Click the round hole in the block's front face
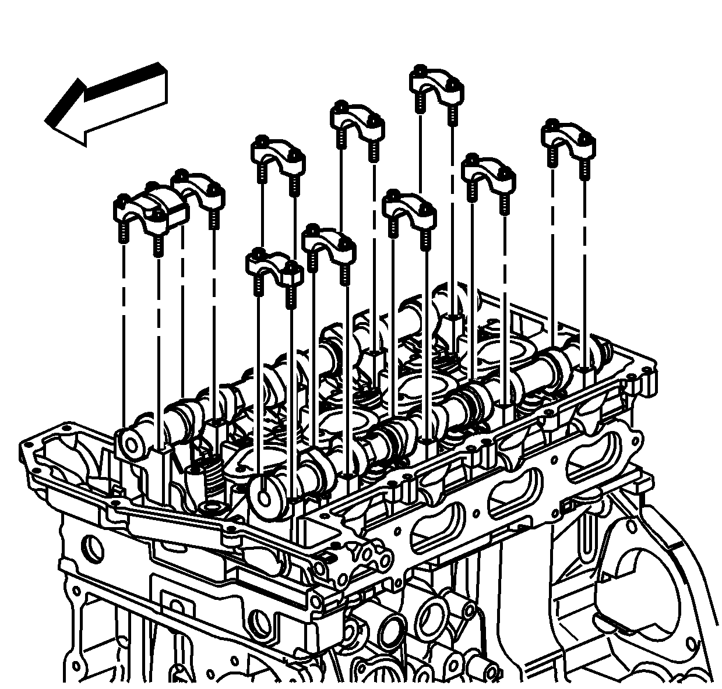[x=93, y=547]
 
